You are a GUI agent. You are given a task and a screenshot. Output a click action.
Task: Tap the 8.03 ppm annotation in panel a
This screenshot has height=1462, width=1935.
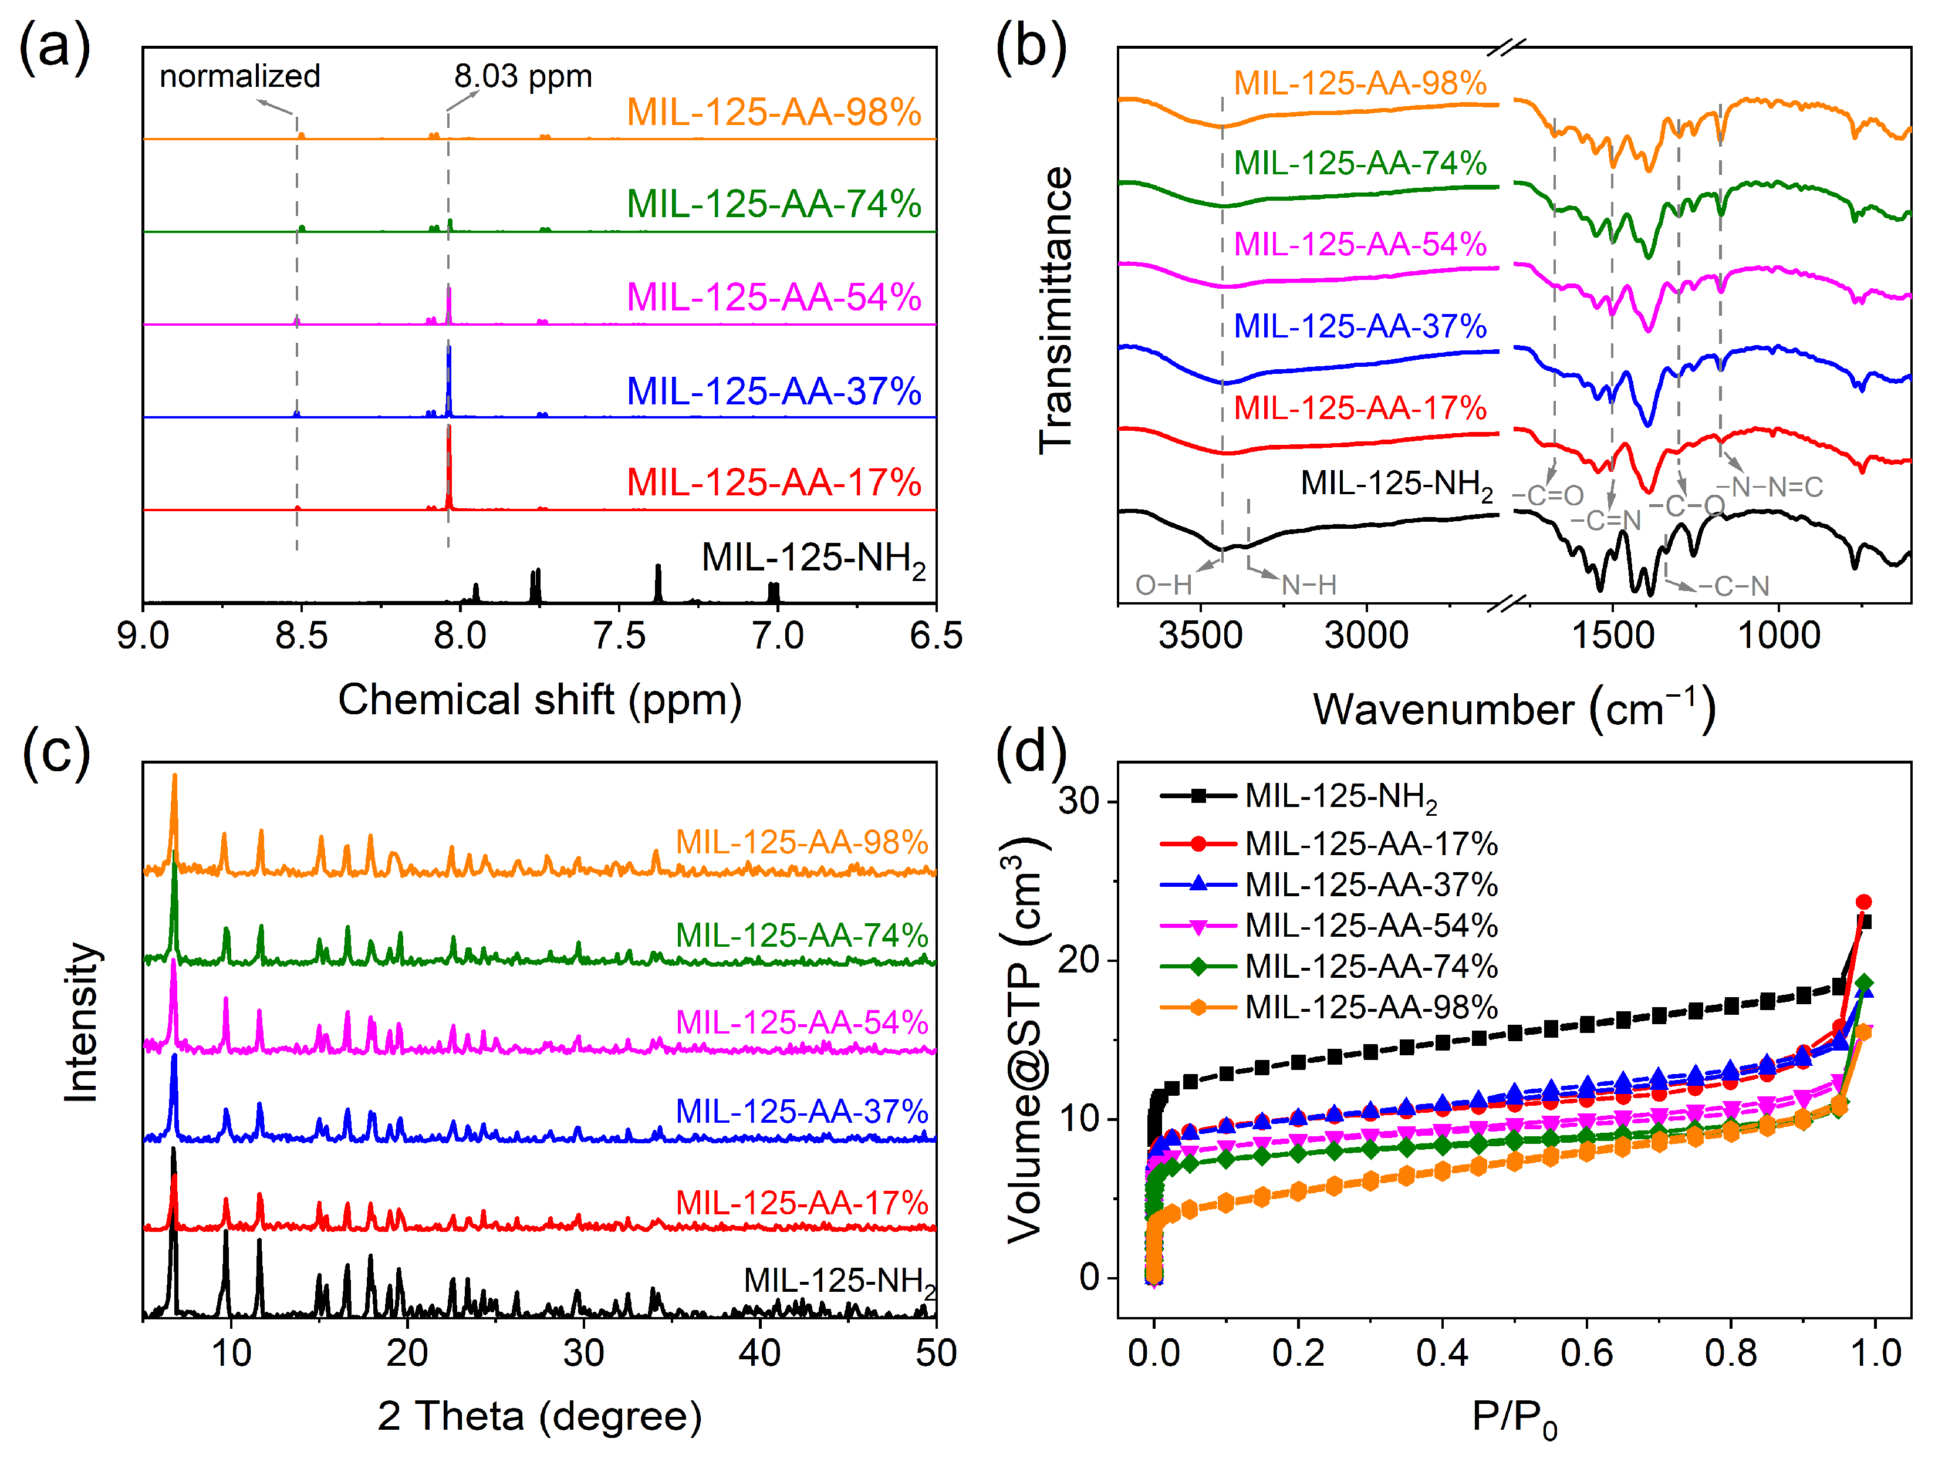[522, 76]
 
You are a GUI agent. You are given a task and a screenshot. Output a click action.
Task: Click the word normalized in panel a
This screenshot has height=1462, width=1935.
[239, 76]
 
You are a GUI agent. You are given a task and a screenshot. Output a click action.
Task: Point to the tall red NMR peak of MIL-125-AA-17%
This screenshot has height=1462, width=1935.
[449, 464]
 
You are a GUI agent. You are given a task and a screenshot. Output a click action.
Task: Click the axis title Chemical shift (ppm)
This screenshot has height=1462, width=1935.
[540, 700]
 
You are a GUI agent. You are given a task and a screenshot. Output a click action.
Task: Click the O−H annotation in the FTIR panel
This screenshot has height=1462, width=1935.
[1163, 585]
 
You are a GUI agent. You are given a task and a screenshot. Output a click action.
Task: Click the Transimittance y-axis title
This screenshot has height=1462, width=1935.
[1056, 310]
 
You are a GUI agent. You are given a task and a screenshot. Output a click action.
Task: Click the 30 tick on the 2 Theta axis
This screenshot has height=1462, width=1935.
[583, 1353]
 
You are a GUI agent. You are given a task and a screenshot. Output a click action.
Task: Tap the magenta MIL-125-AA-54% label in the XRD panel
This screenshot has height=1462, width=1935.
[801, 1022]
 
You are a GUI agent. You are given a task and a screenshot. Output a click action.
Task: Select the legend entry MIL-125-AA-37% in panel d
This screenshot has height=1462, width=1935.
[1371, 884]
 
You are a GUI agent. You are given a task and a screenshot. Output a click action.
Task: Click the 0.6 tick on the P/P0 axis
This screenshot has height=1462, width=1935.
[1586, 1353]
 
